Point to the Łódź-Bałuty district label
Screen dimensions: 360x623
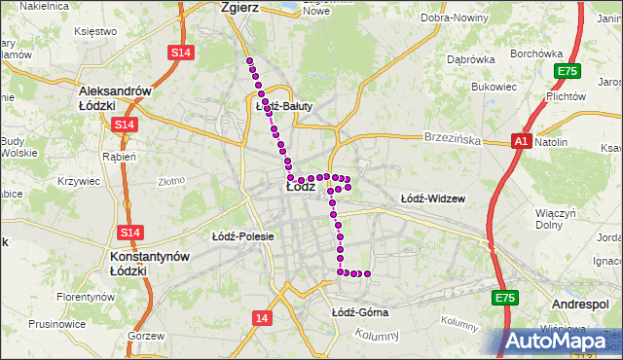[x=283, y=106]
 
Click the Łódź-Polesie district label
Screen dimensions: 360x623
[x=242, y=236]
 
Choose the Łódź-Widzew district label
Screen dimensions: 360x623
[x=433, y=198]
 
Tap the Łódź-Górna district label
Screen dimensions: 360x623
[x=359, y=312]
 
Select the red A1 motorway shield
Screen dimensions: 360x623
[x=522, y=141]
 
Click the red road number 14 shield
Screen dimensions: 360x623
[x=260, y=318]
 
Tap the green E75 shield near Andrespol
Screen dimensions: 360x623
[x=503, y=298]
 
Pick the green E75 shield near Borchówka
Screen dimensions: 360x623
[x=567, y=71]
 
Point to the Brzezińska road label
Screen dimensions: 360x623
[x=453, y=139]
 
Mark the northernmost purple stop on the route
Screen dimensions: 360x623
[x=250, y=61]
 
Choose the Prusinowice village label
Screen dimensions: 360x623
[x=56, y=323]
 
